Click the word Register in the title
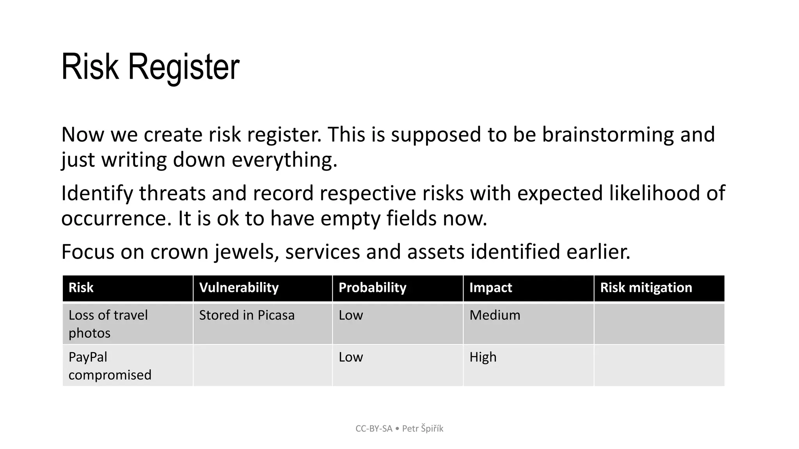coord(183,67)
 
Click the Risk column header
coord(81,288)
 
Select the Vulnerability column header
coord(239,288)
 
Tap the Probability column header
coord(372,288)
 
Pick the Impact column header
coord(490,288)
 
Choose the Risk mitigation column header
coord(646,288)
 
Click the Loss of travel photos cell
coord(108,324)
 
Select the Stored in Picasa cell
coord(247,315)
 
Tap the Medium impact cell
coord(495,315)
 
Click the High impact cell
coord(483,357)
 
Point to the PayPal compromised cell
coord(110,366)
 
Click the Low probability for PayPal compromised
coord(350,357)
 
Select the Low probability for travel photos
coord(350,315)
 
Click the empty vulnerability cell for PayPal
coord(263,366)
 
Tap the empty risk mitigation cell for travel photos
coord(659,324)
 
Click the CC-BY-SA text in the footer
coord(373,429)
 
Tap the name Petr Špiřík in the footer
coord(423,429)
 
